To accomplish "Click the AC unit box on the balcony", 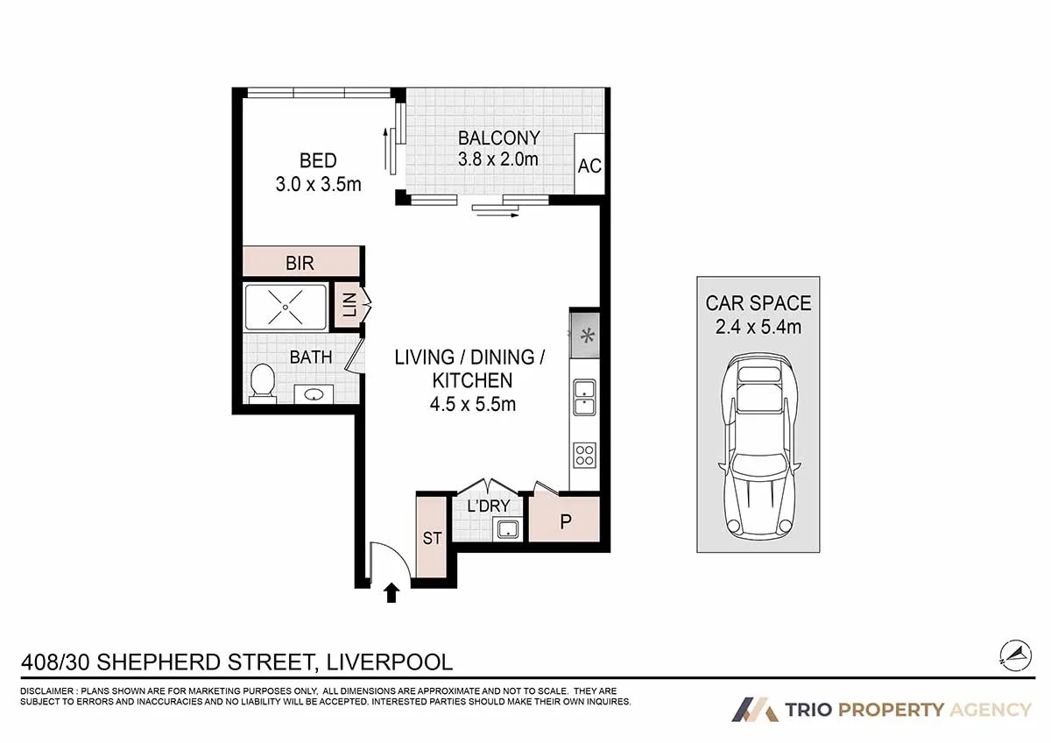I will click(589, 165).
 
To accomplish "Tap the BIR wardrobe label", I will click(300, 263).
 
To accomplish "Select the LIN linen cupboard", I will click(349, 306).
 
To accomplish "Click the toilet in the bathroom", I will click(262, 384).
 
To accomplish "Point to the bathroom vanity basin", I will click(314, 394).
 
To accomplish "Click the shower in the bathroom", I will click(286, 307).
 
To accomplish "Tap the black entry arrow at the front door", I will click(391, 594).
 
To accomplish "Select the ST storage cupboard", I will click(432, 537).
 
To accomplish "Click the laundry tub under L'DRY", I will click(506, 528).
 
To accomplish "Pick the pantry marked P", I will click(566, 520).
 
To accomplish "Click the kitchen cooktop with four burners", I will click(584, 455).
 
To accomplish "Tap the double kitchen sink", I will click(584, 399).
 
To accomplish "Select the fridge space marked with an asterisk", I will click(585, 335).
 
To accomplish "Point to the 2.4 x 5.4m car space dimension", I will click(758, 329).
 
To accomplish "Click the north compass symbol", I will click(1017, 654).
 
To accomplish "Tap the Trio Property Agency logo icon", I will click(755, 709).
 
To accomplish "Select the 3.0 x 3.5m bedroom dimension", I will click(318, 184).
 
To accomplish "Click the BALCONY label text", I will click(498, 138).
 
